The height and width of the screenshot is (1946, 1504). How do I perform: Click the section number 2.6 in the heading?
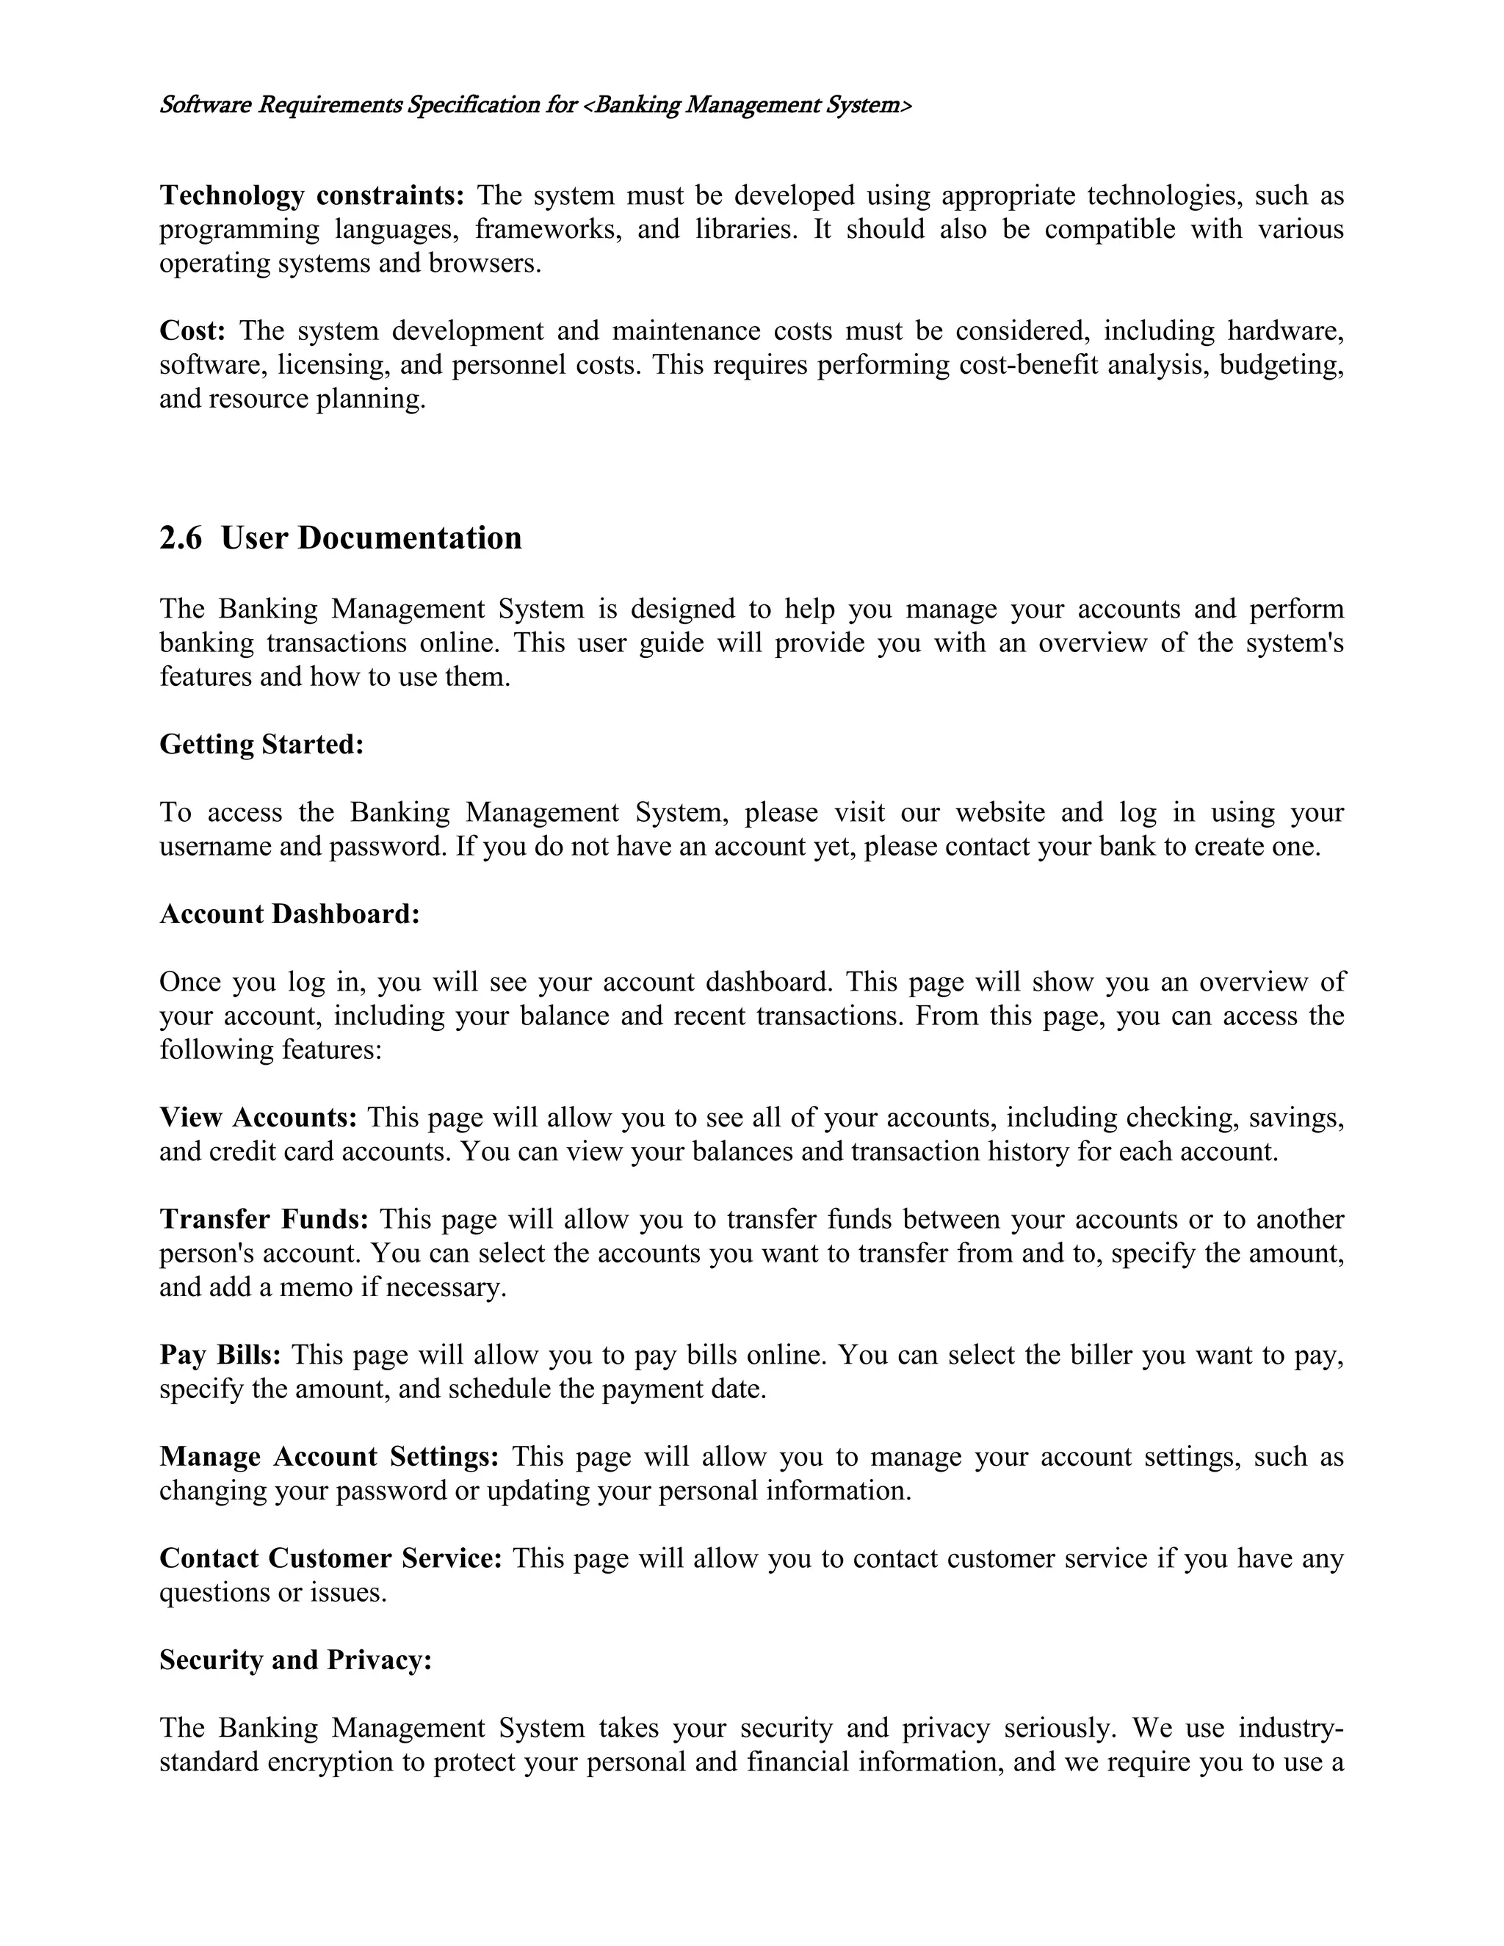tap(180, 538)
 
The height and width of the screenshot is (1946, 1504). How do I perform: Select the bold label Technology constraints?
tap(312, 195)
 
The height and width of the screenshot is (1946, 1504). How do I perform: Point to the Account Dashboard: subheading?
tap(289, 914)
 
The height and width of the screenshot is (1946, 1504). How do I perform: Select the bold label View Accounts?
tap(258, 1118)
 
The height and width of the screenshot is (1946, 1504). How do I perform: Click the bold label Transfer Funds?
tap(264, 1219)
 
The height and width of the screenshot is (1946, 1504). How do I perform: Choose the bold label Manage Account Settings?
tap(329, 1456)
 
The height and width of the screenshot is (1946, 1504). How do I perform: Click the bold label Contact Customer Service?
tap(330, 1558)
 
